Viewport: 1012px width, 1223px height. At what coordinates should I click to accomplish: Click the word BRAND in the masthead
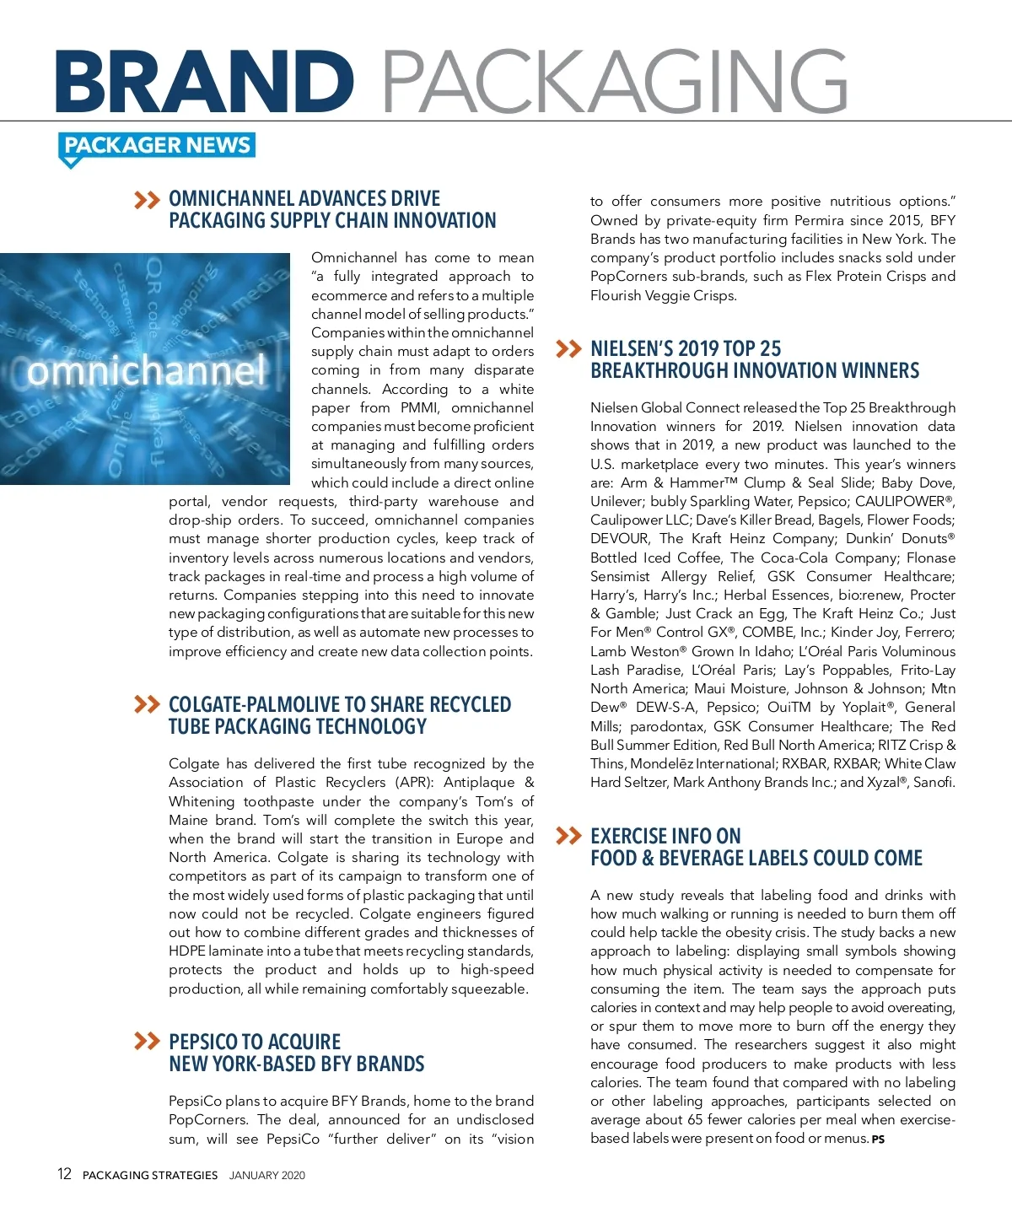(x=204, y=82)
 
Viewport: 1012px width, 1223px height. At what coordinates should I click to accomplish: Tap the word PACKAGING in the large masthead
(x=615, y=82)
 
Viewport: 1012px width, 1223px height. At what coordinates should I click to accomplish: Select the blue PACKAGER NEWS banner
(x=157, y=146)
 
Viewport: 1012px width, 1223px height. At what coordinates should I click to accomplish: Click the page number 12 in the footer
(x=64, y=1174)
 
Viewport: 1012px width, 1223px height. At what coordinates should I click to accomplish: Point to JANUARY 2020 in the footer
(x=266, y=1175)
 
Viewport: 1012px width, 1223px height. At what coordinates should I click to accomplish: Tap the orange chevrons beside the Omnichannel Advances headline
(x=147, y=200)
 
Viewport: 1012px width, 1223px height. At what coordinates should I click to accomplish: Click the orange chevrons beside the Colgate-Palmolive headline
(x=147, y=704)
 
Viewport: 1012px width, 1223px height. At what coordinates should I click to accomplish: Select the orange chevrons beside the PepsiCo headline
(x=147, y=1042)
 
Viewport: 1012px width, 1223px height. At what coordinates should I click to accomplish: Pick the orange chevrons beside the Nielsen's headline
(x=569, y=349)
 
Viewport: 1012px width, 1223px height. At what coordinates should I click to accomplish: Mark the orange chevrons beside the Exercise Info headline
(x=569, y=836)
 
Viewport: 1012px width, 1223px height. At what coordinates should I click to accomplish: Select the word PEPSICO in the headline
(x=203, y=1042)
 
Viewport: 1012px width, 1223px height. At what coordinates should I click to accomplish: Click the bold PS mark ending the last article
(x=878, y=1139)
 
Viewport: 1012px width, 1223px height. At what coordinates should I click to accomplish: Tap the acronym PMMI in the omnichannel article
(x=420, y=407)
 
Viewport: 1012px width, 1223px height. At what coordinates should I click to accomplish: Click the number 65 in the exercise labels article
(x=695, y=1119)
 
